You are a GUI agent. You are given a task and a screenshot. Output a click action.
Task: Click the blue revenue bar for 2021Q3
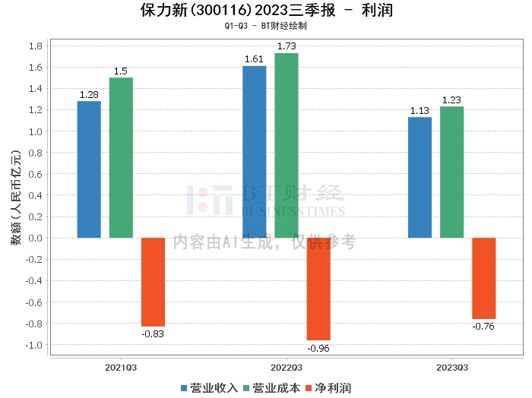click(89, 169)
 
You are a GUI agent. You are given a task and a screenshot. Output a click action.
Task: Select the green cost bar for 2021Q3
click(121, 158)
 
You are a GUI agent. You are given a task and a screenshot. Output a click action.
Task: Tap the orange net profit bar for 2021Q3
click(153, 282)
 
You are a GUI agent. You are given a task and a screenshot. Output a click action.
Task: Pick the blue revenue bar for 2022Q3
click(254, 152)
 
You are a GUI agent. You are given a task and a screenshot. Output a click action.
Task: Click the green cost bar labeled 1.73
click(287, 146)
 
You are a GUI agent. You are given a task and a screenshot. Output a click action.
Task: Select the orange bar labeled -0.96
click(318, 289)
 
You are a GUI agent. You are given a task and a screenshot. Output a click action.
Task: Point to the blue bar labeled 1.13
click(420, 178)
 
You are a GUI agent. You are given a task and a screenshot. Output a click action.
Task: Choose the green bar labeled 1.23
click(451, 172)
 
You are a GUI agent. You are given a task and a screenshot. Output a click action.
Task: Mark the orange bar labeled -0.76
click(483, 278)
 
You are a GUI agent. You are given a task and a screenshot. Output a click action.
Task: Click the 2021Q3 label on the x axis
click(121, 367)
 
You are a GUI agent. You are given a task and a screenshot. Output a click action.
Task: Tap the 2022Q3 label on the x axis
click(287, 367)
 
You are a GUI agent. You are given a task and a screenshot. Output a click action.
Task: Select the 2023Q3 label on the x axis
click(451, 367)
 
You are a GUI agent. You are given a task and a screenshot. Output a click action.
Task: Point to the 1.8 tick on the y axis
click(34, 46)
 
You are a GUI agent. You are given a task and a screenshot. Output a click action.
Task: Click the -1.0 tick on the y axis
click(33, 345)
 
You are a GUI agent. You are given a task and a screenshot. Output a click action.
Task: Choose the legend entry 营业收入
click(210, 387)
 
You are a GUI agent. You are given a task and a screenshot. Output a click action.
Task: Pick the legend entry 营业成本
click(271, 387)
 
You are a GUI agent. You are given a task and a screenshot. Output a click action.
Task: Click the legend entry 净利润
click(328, 387)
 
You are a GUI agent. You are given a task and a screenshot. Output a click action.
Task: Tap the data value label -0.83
click(153, 332)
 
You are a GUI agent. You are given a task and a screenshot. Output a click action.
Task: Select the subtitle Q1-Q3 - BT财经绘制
click(265, 26)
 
